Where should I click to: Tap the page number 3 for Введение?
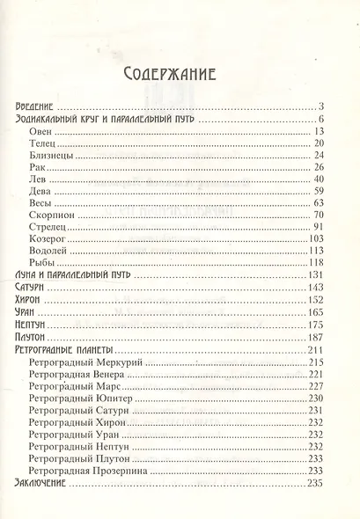[324, 106]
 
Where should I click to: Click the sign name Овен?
[40, 132]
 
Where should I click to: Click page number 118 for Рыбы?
[318, 263]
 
